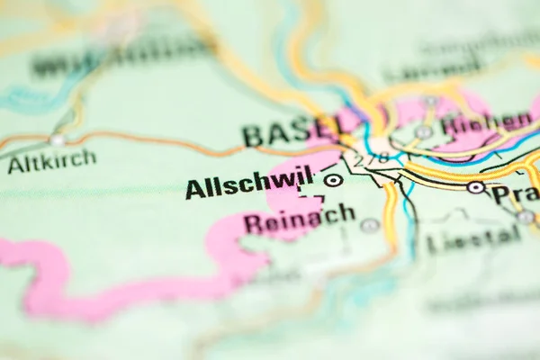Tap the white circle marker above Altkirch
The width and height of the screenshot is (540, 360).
[x=58, y=140]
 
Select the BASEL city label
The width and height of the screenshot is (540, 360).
[x=290, y=132]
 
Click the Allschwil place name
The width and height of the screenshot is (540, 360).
[x=249, y=184]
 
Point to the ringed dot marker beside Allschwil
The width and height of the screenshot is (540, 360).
[x=334, y=180]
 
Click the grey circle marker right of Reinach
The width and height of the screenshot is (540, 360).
[x=370, y=225]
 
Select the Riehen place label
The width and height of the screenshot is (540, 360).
[x=487, y=121]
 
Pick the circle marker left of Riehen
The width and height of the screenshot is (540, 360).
[x=424, y=131]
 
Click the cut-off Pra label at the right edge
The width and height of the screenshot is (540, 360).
[x=515, y=194]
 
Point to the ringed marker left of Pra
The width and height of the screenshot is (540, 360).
[x=475, y=187]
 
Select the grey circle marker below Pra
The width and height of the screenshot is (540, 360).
[x=525, y=217]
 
